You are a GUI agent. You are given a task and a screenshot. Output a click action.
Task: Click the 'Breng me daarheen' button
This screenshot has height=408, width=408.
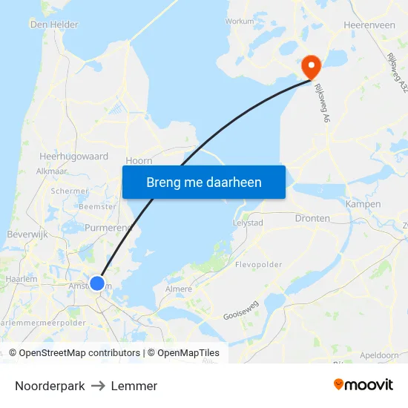point(204,182)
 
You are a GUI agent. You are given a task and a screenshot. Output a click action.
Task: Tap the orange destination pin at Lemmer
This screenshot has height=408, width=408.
point(310,67)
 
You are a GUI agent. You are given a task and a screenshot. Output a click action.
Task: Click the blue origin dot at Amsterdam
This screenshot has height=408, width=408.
point(97,283)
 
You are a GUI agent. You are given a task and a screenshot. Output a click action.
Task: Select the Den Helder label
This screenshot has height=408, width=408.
point(54,24)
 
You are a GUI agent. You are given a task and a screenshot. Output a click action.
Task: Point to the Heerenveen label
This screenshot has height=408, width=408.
point(369,24)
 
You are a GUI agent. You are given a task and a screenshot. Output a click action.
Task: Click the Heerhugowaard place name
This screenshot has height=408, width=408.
point(74,157)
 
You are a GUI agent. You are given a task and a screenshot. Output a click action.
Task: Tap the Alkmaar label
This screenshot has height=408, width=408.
point(52,171)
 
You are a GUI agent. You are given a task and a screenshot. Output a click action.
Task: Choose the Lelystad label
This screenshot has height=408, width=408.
point(249,223)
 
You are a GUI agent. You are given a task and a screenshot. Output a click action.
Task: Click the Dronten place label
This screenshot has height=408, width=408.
point(312,218)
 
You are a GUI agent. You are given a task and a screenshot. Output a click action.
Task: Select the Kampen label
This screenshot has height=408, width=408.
point(363,204)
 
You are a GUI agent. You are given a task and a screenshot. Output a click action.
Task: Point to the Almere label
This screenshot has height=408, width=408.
point(178,289)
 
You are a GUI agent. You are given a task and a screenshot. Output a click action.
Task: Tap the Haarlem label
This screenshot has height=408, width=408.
point(22,279)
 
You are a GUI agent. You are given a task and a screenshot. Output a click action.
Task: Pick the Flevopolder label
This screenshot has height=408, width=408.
point(258,264)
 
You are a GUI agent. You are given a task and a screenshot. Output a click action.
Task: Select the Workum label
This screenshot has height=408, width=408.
point(240,22)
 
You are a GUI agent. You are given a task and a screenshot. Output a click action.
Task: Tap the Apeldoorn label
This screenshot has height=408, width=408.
point(379,355)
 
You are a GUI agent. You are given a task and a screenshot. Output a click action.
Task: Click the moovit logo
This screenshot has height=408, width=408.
point(363,385)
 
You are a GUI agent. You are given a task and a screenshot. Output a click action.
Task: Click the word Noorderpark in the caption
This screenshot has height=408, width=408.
point(50,386)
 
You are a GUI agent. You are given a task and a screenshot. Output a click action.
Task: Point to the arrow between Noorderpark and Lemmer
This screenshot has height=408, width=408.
point(98,386)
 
